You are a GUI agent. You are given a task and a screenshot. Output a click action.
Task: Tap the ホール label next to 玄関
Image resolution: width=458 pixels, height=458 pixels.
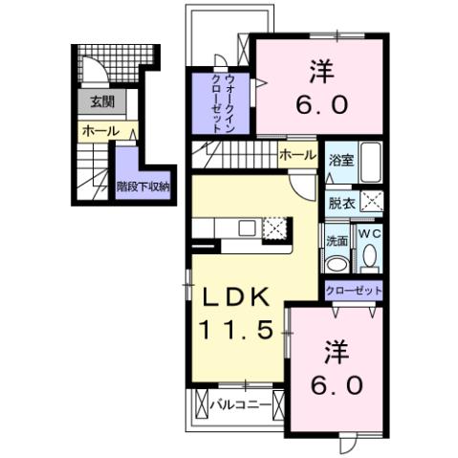99,131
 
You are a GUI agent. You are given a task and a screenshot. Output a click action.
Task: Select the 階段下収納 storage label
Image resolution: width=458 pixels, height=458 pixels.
142,185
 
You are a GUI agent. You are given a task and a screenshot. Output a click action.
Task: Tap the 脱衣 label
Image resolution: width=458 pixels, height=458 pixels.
341,202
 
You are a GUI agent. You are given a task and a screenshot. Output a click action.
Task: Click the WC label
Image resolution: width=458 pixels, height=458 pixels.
369,234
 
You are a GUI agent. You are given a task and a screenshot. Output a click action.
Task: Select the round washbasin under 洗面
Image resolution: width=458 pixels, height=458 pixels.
337,263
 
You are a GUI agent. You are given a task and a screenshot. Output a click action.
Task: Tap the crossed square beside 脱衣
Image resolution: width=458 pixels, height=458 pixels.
372,201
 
